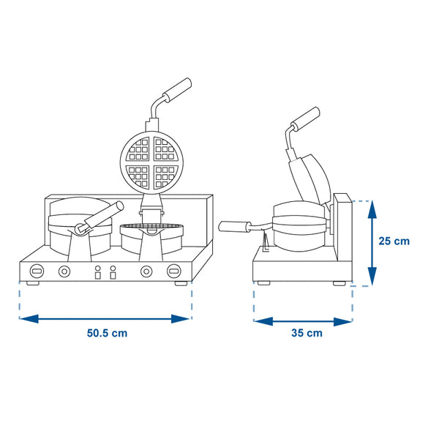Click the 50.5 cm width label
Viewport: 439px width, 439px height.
pos(107,333)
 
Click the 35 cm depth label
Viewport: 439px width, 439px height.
pos(307,333)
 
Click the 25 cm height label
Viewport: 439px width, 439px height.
pos(394,241)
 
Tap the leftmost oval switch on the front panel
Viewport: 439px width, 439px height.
pos(37,271)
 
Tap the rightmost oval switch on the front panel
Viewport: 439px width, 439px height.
pos(174,271)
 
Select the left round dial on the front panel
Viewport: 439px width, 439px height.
pos(64,271)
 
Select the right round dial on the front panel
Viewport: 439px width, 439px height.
pos(146,271)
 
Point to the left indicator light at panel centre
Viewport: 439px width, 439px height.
pos(98,272)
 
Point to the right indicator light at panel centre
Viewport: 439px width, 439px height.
pos(113,272)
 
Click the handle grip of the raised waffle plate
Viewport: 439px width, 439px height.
pos(178,90)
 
